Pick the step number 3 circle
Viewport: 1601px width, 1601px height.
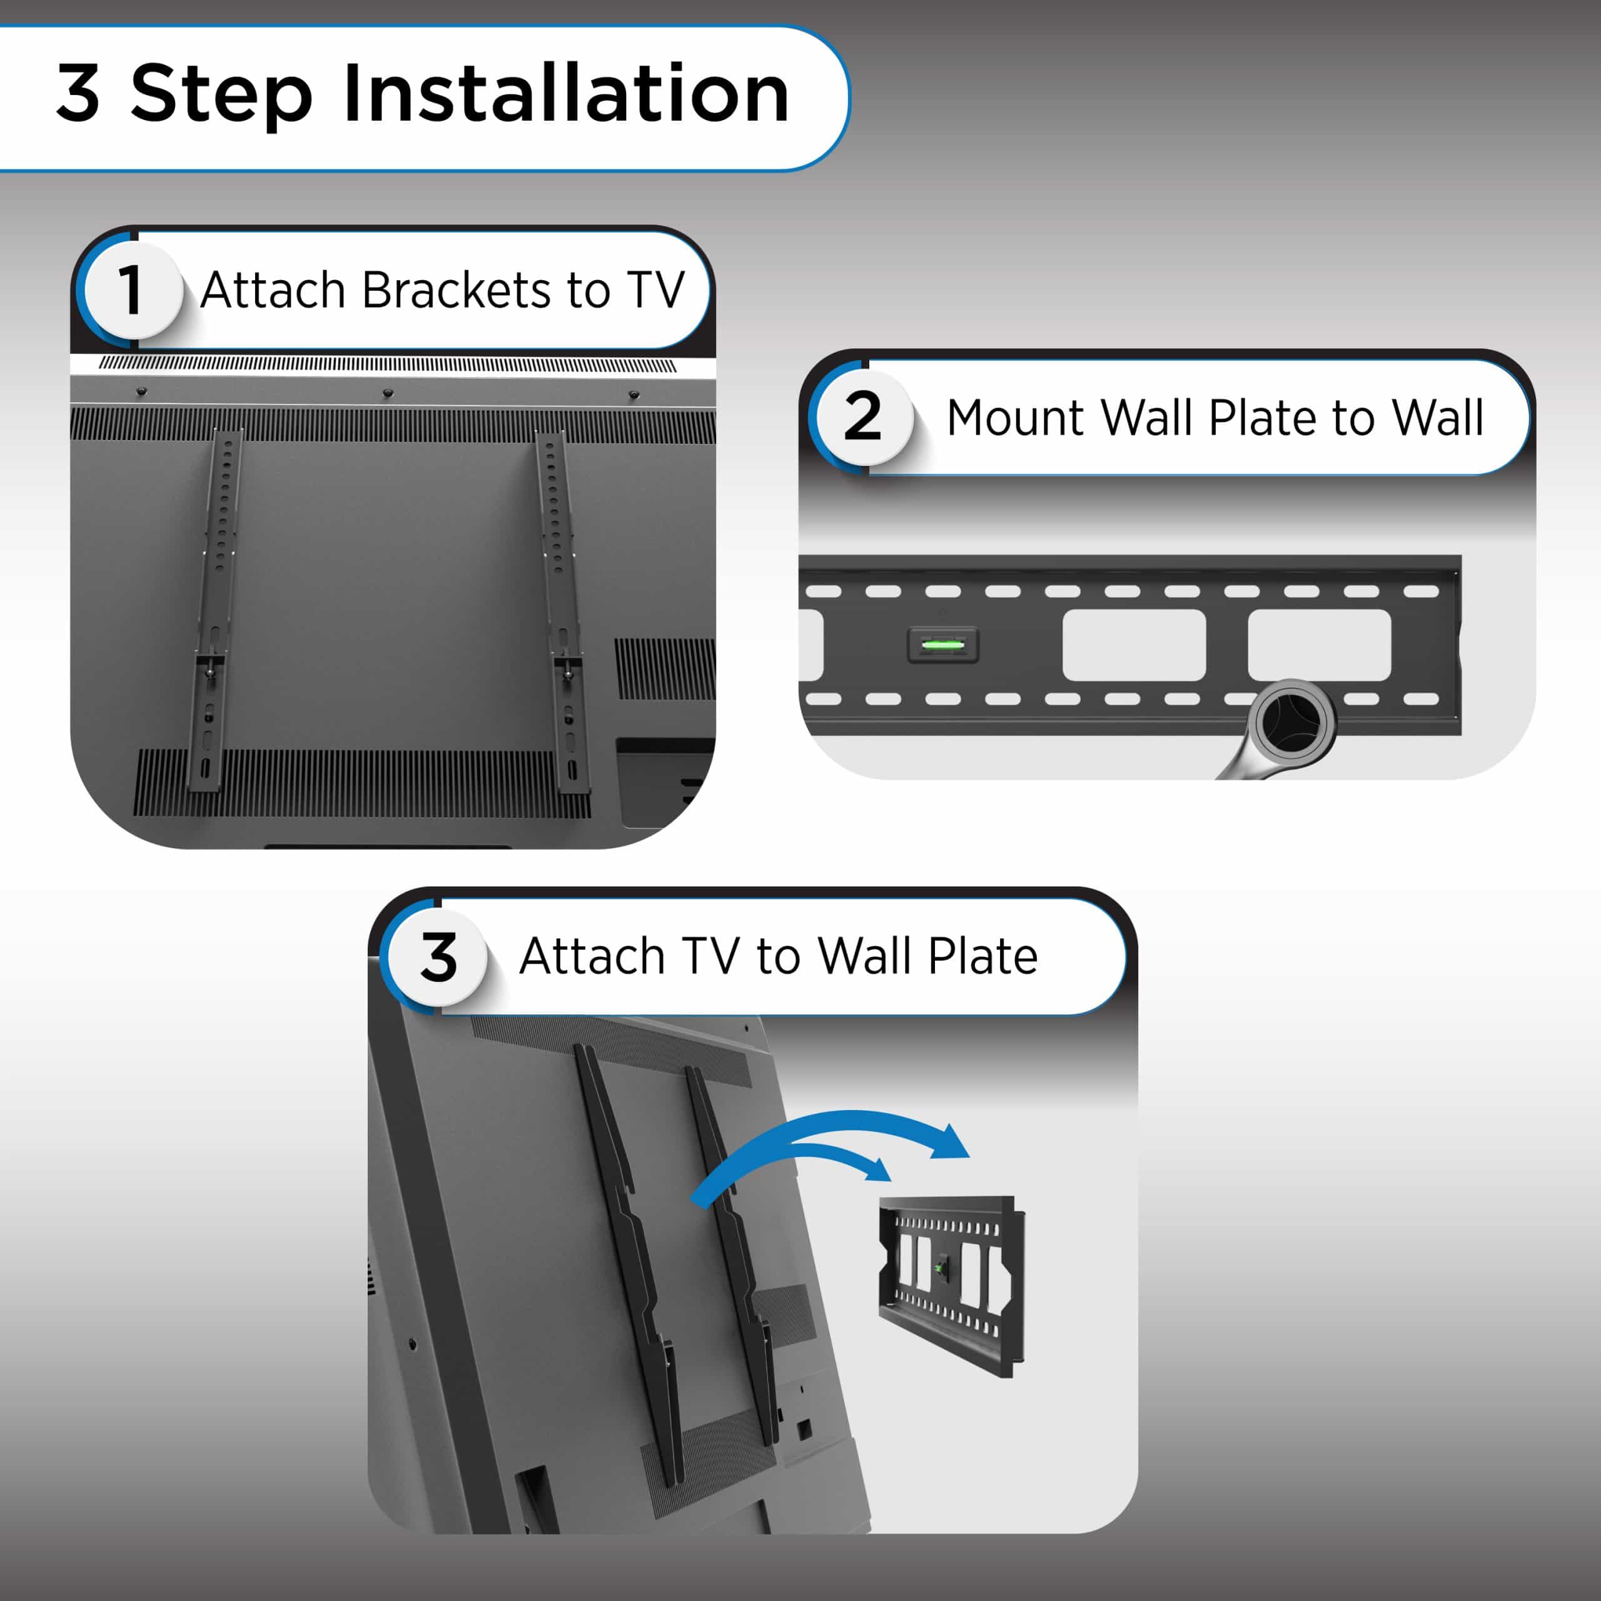(x=438, y=957)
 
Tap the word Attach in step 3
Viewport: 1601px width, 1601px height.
(x=592, y=956)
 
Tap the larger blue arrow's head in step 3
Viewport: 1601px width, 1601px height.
(x=950, y=1143)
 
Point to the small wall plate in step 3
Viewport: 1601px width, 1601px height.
(x=952, y=1285)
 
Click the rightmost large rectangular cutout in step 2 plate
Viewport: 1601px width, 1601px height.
(x=1319, y=645)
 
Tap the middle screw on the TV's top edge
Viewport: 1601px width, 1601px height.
(x=387, y=393)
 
